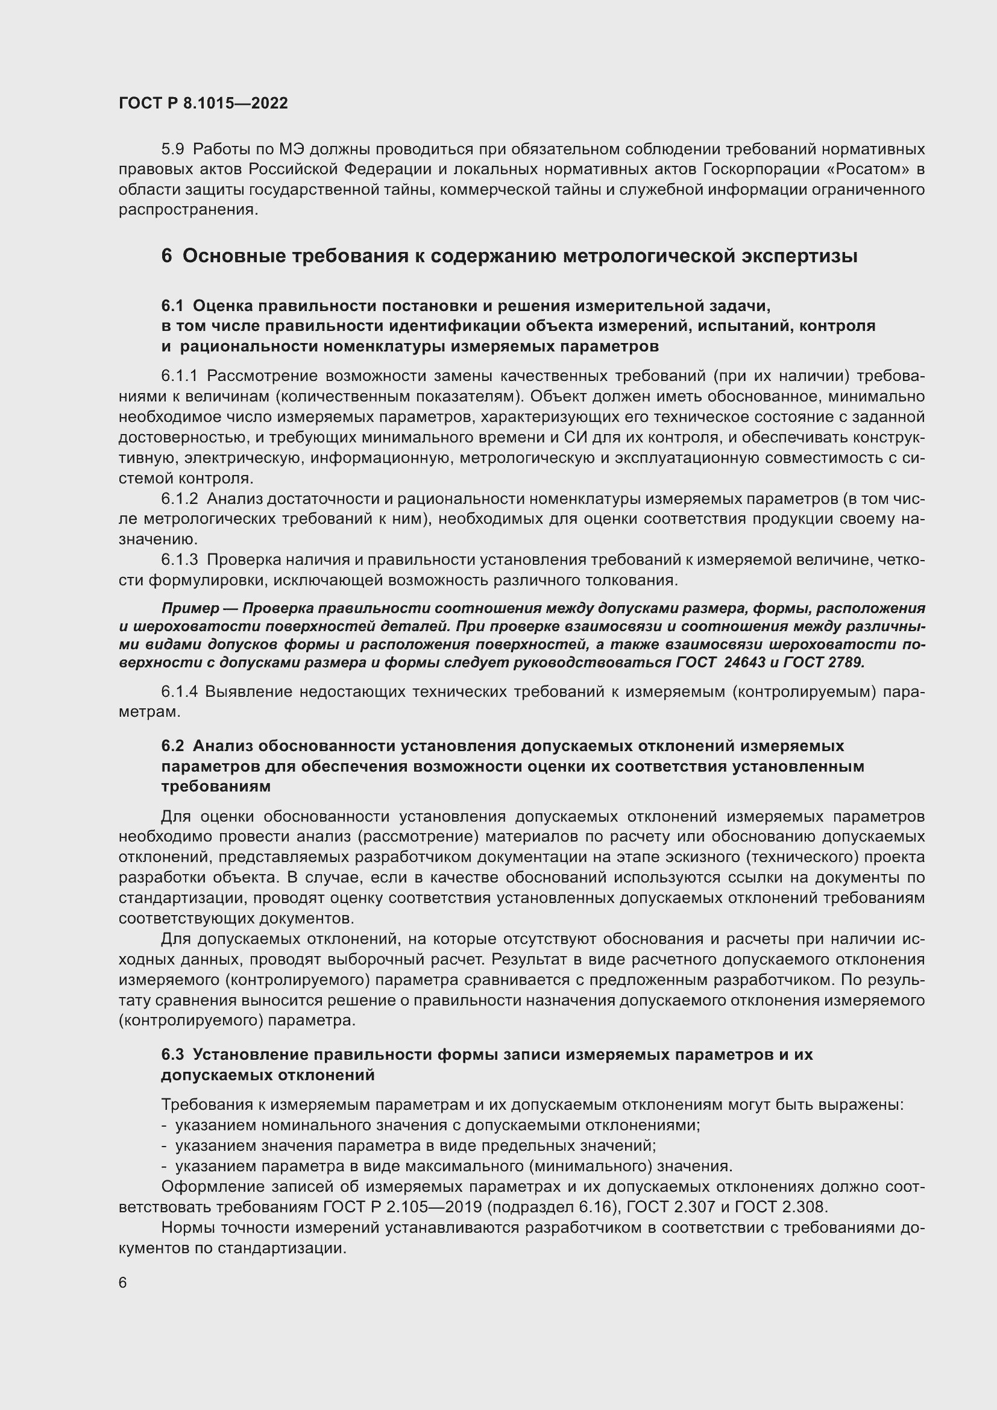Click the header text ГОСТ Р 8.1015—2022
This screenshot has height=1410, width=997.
[x=203, y=103]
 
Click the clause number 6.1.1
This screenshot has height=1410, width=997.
[x=179, y=376]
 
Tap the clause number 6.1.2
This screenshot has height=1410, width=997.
[x=179, y=498]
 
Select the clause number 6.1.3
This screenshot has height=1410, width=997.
[x=179, y=559]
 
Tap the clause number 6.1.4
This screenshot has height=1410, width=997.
[x=179, y=691]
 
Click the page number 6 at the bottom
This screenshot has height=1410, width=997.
[x=123, y=1282]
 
